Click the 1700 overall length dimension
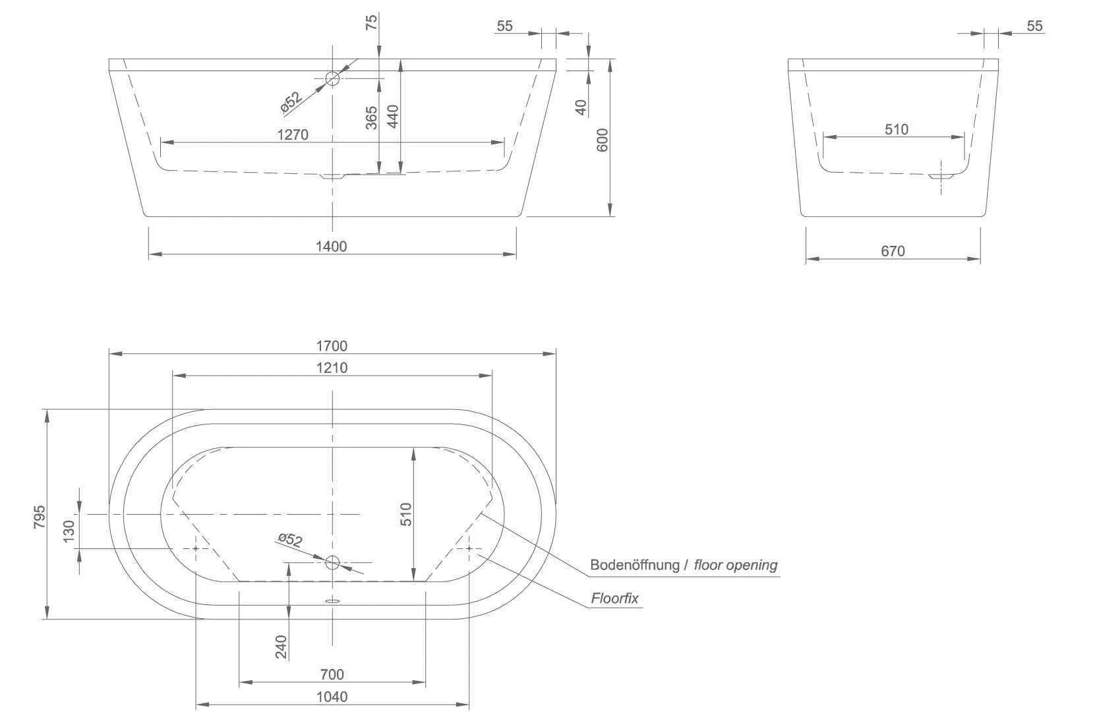click(332, 346)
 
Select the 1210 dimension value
click(332, 367)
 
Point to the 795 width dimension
click(40, 517)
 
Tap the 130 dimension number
click(69, 531)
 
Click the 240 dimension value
click(281, 647)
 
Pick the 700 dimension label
click(332, 674)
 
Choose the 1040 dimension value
click(332, 697)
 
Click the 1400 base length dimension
click(331, 246)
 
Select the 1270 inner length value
click(293, 134)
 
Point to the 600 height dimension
click(602, 140)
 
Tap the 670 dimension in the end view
click(893, 251)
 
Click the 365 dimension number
click(372, 118)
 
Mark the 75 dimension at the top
click(372, 22)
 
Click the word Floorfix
click(614, 598)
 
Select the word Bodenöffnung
click(635, 565)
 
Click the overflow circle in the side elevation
click(333, 78)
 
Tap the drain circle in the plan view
click(333, 562)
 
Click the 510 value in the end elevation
click(897, 129)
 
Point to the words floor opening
click(736, 565)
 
